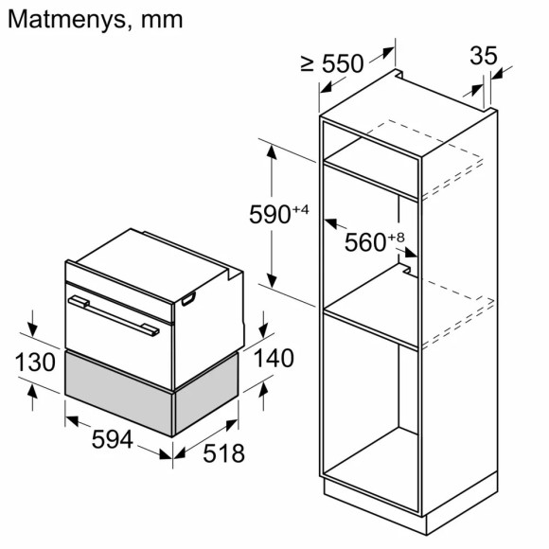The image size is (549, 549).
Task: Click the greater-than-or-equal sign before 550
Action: click(x=307, y=63)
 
